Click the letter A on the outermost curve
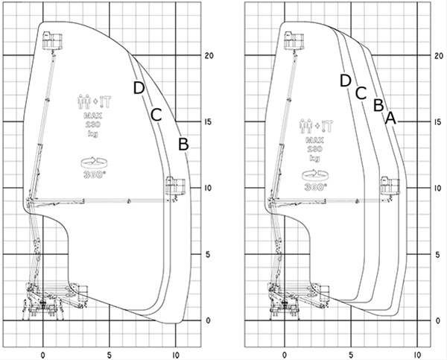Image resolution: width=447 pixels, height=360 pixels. point(391,117)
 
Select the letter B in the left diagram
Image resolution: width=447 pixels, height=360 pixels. point(184,144)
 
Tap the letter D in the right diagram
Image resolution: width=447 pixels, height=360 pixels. point(345,80)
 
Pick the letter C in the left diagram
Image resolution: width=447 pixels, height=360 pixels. point(156,114)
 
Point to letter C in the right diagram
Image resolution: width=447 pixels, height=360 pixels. point(361,92)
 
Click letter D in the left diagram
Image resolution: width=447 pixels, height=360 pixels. point(139,87)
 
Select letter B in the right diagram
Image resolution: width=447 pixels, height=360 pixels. point(378,104)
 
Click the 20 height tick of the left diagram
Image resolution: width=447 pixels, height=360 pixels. point(209,56)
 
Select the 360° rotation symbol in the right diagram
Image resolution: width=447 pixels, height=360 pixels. point(314,183)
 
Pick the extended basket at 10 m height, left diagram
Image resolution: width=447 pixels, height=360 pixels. point(174,187)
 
